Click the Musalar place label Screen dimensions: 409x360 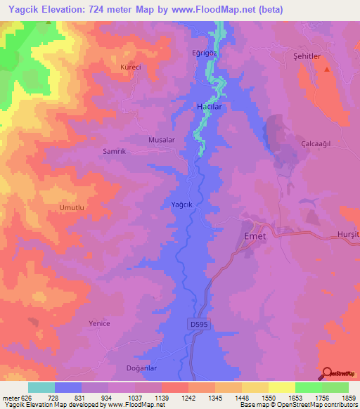(x=161, y=140)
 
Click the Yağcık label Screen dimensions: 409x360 (x=182, y=204)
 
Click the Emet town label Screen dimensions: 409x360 (x=254, y=236)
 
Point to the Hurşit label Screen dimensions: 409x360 (x=349, y=233)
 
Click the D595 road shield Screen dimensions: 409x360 (x=199, y=324)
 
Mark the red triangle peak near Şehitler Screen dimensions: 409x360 (x=326, y=70)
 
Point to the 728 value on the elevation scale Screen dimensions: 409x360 (x=54, y=398)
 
